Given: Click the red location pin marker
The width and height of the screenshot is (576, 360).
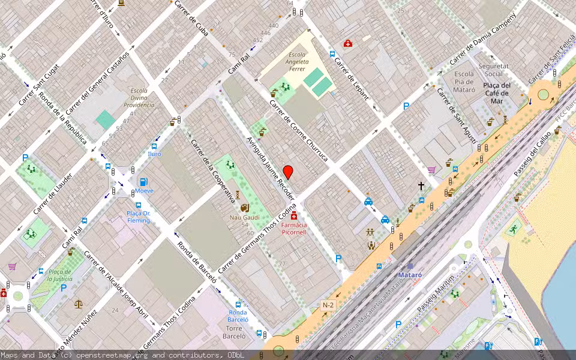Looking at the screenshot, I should [x=288, y=172].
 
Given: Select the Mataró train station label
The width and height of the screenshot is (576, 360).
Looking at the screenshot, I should [x=410, y=275].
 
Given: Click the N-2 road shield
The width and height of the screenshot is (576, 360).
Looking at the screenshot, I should [x=328, y=305].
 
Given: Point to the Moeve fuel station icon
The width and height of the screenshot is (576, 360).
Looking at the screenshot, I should [x=144, y=182].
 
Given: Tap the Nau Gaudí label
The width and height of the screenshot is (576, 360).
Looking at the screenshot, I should [x=244, y=217].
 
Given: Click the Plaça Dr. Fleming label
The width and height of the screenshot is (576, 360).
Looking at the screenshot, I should [x=138, y=217].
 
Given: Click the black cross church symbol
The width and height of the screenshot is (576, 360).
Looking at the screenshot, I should [x=421, y=187].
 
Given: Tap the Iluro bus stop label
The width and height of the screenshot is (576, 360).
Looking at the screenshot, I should [x=154, y=154].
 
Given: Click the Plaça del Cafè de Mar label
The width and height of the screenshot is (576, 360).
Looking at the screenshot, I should [x=496, y=93].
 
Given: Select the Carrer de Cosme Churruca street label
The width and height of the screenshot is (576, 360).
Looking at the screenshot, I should [x=298, y=130].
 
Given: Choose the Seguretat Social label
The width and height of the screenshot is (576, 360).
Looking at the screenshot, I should [x=494, y=70].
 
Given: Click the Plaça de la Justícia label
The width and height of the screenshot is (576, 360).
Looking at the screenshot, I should [x=60, y=275].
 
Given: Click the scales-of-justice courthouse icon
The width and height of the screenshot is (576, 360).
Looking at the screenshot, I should [x=79, y=304].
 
